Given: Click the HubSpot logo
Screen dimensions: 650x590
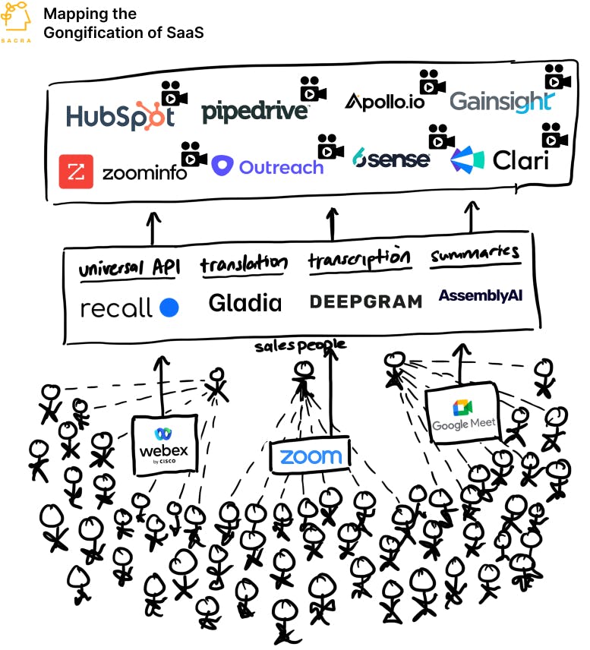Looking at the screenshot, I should (x=120, y=115).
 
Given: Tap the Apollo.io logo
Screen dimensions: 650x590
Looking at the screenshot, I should (x=384, y=102).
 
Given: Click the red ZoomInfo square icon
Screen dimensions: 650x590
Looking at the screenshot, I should (x=76, y=172).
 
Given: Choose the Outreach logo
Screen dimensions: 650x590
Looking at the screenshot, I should (x=267, y=166).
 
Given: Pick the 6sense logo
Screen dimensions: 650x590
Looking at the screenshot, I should (x=392, y=159).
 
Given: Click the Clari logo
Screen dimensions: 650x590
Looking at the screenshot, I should (x=499, y=160).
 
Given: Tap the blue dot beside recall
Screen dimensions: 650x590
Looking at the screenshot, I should (x=169, y=308).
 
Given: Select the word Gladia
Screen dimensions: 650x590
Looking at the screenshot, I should (x=245, y=303).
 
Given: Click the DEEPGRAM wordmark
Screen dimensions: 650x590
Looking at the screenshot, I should (x=365, y=301).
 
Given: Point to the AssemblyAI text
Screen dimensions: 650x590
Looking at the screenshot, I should (x=480, y=295).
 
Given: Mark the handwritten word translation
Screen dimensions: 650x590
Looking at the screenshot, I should (x=244, y=264).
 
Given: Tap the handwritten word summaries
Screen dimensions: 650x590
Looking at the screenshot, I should (x=475, y=254).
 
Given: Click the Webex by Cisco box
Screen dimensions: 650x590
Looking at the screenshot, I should (x=164, y=444).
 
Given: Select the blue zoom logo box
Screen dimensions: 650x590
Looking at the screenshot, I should (x=310, y=456).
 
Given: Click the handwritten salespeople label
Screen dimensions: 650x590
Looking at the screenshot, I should (x=300, y=346).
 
